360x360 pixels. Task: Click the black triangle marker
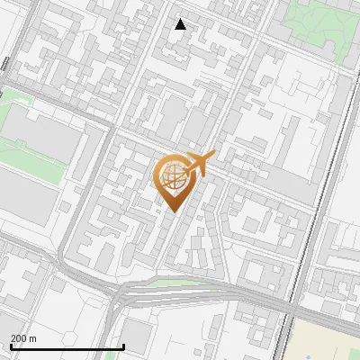181,24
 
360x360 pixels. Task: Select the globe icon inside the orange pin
171,176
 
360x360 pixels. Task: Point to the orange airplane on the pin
198,164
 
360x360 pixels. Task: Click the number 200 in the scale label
20,339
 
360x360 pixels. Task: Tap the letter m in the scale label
34,339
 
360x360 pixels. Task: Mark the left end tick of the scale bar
10,346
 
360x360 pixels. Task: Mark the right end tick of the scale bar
124,346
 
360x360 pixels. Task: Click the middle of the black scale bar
67,347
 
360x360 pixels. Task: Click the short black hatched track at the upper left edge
5,65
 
